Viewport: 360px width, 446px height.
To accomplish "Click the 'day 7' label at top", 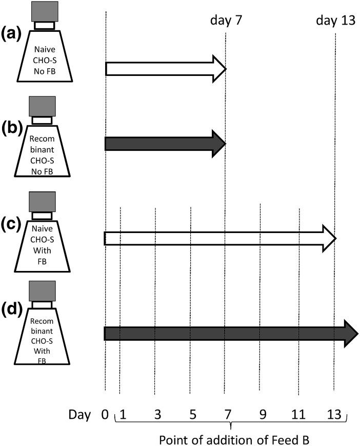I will tap(226, 22).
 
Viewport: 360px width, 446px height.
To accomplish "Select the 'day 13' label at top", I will tap(334, 22).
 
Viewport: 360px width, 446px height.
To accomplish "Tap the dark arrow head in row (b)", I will tap(219, 144).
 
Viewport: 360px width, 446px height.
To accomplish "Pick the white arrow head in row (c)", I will tap(330, 239).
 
